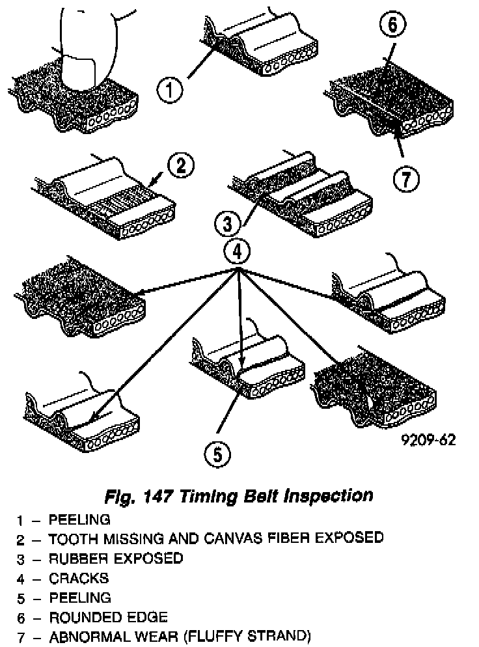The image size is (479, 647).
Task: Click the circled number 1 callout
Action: click(171, 89)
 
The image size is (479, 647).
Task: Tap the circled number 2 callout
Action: click(181, 165)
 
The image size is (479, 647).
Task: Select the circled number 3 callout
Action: click(225, 225)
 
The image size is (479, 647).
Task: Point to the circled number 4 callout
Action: click(237, 250)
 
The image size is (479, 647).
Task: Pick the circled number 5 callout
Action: click(217, 453)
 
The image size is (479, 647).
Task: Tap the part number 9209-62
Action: click(427, 440)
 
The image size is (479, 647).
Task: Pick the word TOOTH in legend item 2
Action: click(70, 538)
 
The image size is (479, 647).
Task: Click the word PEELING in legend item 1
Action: click(79, 519)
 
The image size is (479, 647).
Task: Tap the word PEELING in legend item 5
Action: click(79, 598)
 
